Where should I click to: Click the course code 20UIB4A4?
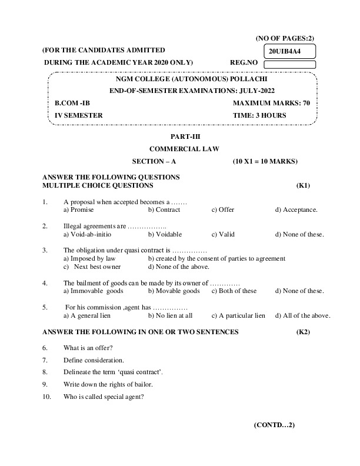[x=285, y=51]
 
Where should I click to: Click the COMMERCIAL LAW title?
[x=176, y=149]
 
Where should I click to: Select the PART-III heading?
[x=176, y=137]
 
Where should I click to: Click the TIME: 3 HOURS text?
[x=259, y=115]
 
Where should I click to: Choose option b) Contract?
[x=164, y=209]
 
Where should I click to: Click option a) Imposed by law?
[x=89, y=258]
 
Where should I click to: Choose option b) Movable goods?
[x=174, y=291]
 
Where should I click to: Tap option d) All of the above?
[x=302, y=315]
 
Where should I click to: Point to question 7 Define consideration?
[x=94, y=360]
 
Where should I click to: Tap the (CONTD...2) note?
[x=274, y=424]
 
